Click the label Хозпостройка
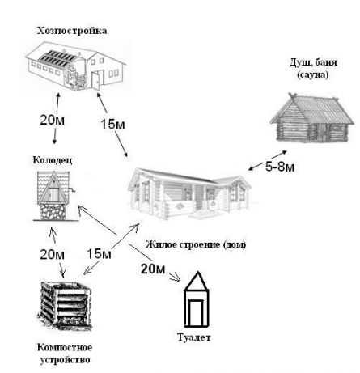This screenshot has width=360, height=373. pyautogui.click(x=72, y=31)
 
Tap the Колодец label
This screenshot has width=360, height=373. pyautogui.click(x=53, y=160)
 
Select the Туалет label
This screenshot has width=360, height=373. pyautogui.click(x=194, y=337)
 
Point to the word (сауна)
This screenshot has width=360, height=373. pyautogui.click(x=313, y=74)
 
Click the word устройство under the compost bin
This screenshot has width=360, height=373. pyautogui.click(x=65, y=360)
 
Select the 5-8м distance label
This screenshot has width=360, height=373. pyautogui.click(x=280, y=167)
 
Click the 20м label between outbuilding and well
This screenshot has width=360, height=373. pyautogui.click(x=52, y=120)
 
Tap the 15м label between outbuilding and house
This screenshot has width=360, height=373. pyautogui.click(x=112, y=125)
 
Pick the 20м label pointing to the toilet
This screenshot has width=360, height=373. pyautogui.click(x=153, y=269)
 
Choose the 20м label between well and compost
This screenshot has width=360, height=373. pyautogui.click(x=52, y=254)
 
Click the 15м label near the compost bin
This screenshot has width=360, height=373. pyautogui.click(x=99, y=254)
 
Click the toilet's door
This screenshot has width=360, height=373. pyautogui.click(x=196, y=312)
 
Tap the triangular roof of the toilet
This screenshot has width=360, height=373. pyautogui.click(x=197, y=281)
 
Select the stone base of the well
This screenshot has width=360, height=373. pyautogui.click(x=53, y=211)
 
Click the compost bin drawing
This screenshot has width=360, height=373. pyautogui.click(x=65, y=306)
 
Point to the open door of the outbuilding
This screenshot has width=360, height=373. pyautogui.click(x=95, y=80)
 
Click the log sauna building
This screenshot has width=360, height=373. pyautogui.click(x=311, y=118)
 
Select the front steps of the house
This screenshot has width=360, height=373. pyautogui.click(x=202, y=214)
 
